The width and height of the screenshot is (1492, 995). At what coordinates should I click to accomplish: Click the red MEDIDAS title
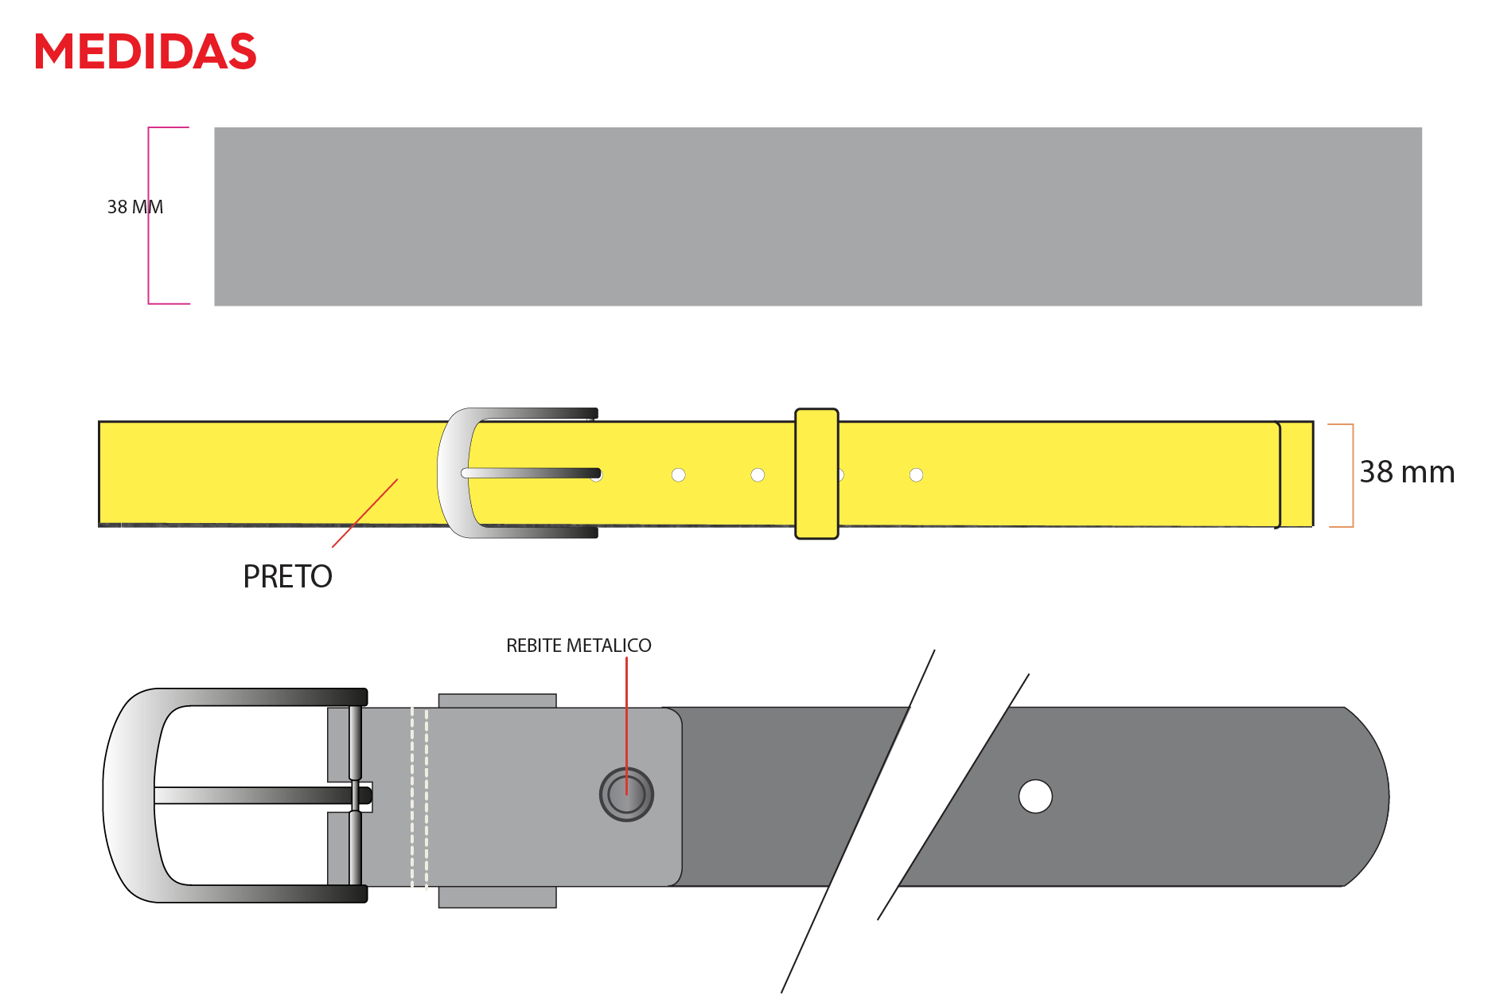pyautogui.click(x=145, y=52)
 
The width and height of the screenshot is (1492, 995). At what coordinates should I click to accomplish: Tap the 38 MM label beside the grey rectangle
pyautogui.click(x=135, y=207)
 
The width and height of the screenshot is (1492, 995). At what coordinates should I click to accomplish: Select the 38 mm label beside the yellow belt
pyautogui.click(x=1407, y=472)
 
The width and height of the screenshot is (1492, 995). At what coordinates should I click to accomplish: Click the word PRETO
pyautogui.click(x=287, y=576)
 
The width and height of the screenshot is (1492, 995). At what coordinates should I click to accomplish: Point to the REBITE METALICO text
pyautogui.click(x=578, y=646)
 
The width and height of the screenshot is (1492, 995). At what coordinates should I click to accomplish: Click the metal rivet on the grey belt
pyautogui.click(x=626, y=794)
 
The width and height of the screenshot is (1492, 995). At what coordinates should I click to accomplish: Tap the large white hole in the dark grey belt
pyautogui.click(x=1035, y=796)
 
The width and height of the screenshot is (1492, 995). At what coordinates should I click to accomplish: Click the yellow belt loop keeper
pyautogui.click(x=816, y=474)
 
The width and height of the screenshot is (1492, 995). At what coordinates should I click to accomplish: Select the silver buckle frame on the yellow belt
pyautogui.click(x=454, y=474)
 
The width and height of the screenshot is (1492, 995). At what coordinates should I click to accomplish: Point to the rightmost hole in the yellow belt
pyautogui.click(x=916, y=475)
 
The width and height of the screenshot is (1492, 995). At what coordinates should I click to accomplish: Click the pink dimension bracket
pyautogui.click(x=149, y=216)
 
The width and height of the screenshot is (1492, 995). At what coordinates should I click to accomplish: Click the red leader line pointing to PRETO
pyautogui.click(x=364, y=513)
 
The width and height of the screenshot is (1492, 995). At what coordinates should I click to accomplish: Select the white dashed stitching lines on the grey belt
pyautogui.click(x=419, y=797)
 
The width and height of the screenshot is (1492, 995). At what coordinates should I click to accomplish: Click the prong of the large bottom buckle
pyautogui.click(x=263, y=795)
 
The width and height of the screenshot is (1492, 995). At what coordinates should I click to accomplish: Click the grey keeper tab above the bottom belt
pyautogui.click(x=497, y=700)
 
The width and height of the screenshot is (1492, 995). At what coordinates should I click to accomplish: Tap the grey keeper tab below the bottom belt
pyautogui.click(x=497, y=897)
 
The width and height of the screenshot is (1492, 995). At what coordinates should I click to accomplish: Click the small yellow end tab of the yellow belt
pyautogui.click(x=1296, y=474)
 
